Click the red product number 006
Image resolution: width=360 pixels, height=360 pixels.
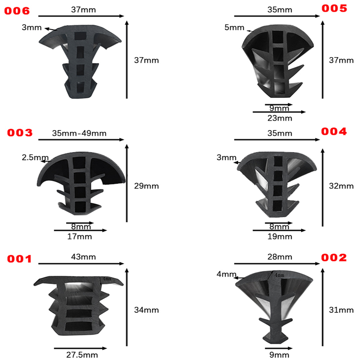click(17, 11)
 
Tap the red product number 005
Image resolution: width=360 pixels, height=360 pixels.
click(334, 8)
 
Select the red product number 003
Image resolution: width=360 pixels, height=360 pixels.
click(20, 133)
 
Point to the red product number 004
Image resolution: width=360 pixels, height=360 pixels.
click(334, 131)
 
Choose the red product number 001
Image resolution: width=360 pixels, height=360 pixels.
click(19, 259)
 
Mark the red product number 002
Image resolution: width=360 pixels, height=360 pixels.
click(334, 257)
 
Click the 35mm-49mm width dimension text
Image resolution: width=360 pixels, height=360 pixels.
click(79, 133)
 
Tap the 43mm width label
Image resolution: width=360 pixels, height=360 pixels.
click(83, 256)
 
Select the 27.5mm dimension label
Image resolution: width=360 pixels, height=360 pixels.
click(82, 355)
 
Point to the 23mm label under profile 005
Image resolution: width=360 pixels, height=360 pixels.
click(279, 118)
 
